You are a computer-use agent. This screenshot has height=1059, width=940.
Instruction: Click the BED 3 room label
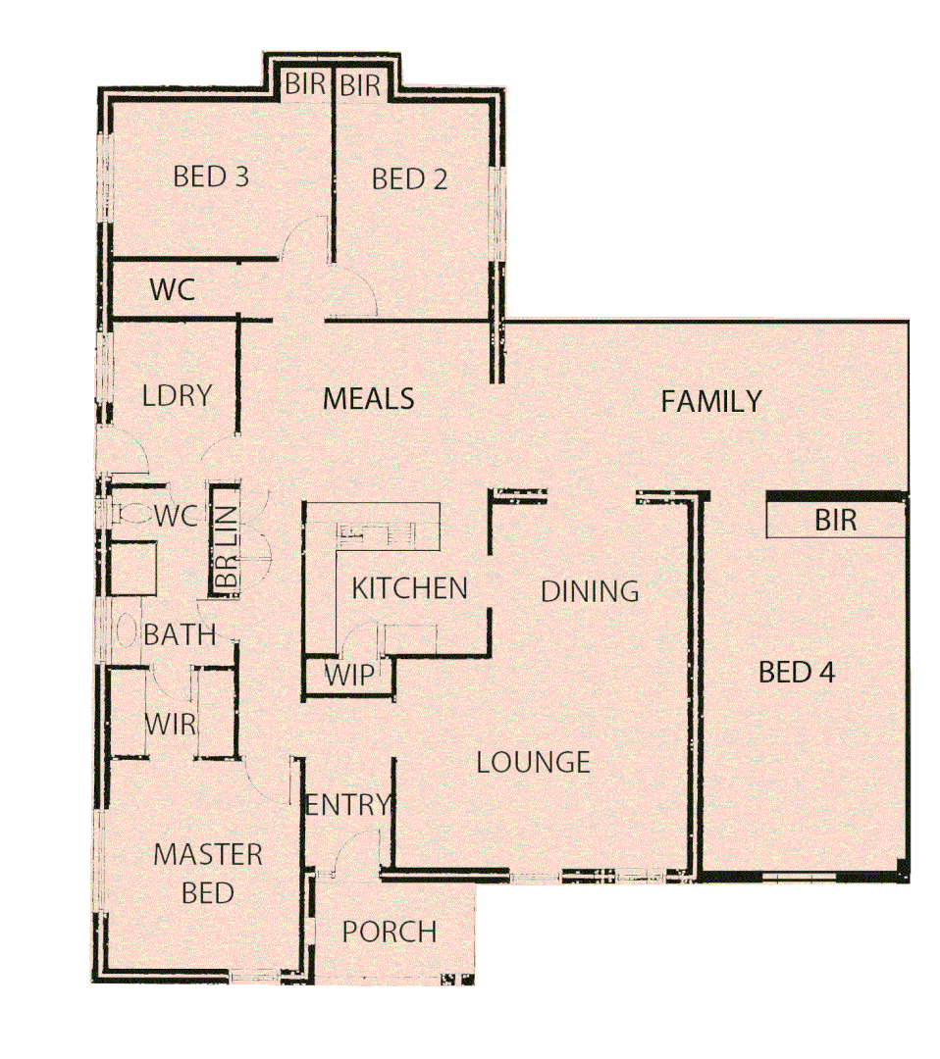210,177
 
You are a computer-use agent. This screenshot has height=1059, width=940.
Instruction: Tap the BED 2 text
410,179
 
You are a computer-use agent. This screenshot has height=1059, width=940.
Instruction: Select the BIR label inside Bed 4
835,521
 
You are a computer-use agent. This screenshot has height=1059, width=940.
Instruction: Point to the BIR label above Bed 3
305,85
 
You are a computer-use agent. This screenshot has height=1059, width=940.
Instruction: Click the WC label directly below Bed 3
172,290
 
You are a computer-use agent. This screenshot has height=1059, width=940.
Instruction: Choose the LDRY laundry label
177,396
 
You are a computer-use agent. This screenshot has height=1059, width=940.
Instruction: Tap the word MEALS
369,400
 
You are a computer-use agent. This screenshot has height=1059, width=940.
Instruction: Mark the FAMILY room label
710,402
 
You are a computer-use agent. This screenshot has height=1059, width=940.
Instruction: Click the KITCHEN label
409,588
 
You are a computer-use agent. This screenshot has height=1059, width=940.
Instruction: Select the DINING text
590,591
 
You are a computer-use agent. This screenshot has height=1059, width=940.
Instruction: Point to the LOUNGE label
533,762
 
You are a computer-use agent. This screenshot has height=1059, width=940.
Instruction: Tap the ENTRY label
347,806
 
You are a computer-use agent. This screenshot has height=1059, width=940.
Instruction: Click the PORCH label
390,932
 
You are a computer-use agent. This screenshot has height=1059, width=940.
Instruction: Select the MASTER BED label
208,874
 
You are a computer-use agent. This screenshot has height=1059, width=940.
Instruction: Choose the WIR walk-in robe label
171,727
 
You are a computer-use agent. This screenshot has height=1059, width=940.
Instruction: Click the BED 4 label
797,673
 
